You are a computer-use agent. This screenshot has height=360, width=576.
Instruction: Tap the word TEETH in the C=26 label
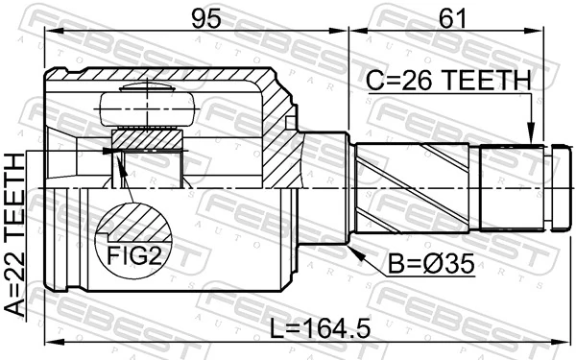(x=483, y=81)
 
